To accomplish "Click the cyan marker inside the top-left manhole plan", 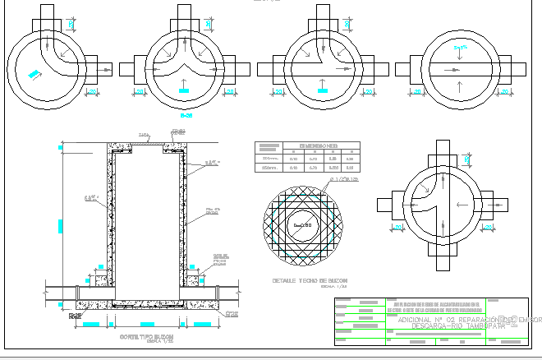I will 34,75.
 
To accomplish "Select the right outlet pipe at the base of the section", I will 218,289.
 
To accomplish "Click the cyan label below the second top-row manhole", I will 185,88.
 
